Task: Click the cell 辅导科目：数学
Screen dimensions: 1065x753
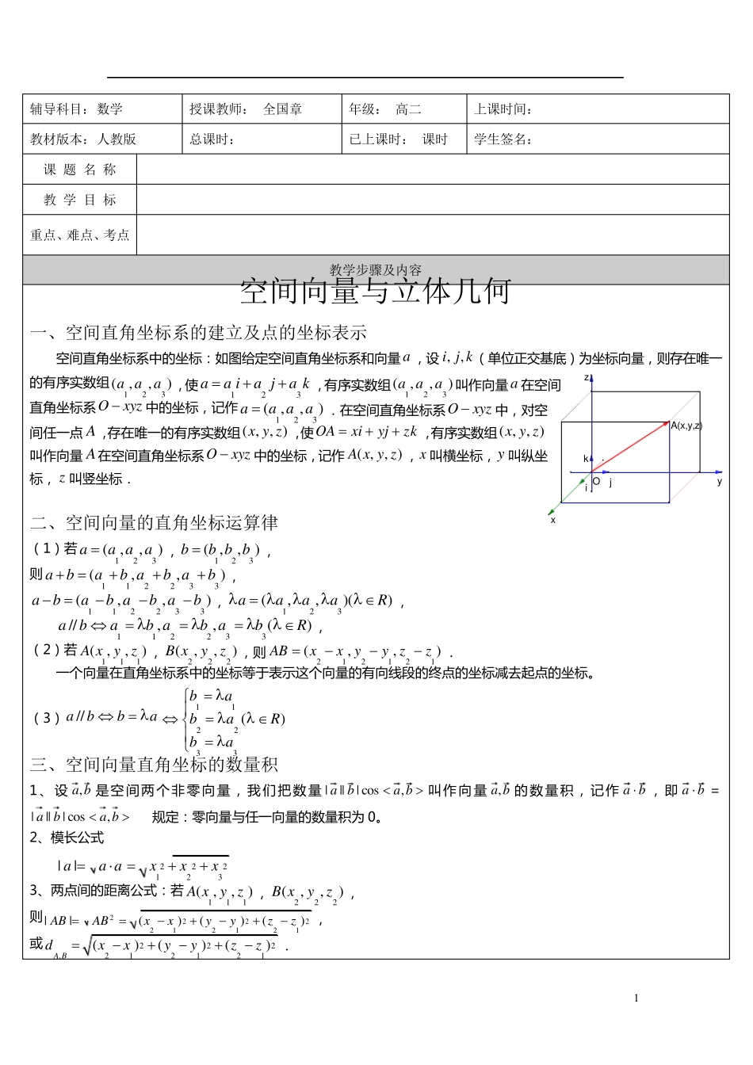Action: pyautogui.click(x=77, y=109)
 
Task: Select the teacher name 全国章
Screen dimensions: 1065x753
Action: pyautogui.click(x=282, y=109)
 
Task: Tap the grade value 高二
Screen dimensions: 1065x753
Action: pyautogui.click(x=408, y=109)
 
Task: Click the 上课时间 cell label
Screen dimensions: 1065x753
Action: pyautogui.click(x=503, y=109)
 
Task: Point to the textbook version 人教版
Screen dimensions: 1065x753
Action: pyautogui.click(x=117, y=139)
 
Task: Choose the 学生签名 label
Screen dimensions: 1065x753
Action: pyautogui.click(x=503, y=139)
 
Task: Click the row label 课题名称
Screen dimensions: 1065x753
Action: pyautogui.click(x=79, y=170)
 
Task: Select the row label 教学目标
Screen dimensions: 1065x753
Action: pyautogui.click(x=79, y=200)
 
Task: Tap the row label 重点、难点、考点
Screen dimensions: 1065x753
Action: pyautogui.click(x=79, y=235)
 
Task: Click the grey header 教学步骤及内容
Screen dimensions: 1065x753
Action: pyautogui.click(x=376, y=270)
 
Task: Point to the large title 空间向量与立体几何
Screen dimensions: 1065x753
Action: pyautogui.click(x=376, y=292)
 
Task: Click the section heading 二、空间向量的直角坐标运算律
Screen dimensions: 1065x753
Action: pyautogui.click(x=154, y=523)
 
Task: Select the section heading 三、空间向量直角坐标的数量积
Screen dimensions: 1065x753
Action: pyautogui.click(x=154, y=765)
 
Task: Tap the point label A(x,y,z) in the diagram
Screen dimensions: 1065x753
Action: pyautogui.click(x=686, y=426)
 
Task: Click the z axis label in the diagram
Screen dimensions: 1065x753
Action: pyautogui.click(x=587, y=378)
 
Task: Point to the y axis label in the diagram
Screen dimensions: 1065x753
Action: pyautogui.click(x=720, y=481)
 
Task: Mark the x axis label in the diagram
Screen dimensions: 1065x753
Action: pyautogui.click(x=552, y=521)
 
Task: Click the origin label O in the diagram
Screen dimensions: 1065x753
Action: pyautogui.click(x=596, y=481)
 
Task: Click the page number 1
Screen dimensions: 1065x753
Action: pyautogui.click(x=636, y=998)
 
